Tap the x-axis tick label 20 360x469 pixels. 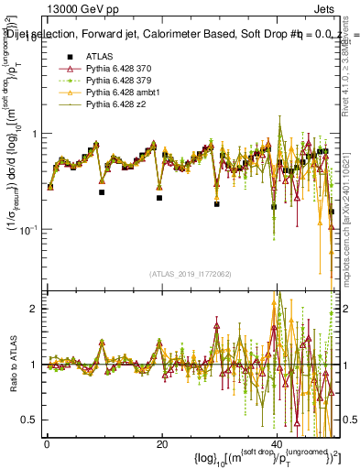(x=161, y=444)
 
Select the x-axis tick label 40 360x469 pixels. (x=276, y=444)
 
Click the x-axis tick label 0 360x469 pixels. (x=47, y=444)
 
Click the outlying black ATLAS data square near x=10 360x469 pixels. (x=102, y=192)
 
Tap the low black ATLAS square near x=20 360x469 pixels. (x=159, y=198)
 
